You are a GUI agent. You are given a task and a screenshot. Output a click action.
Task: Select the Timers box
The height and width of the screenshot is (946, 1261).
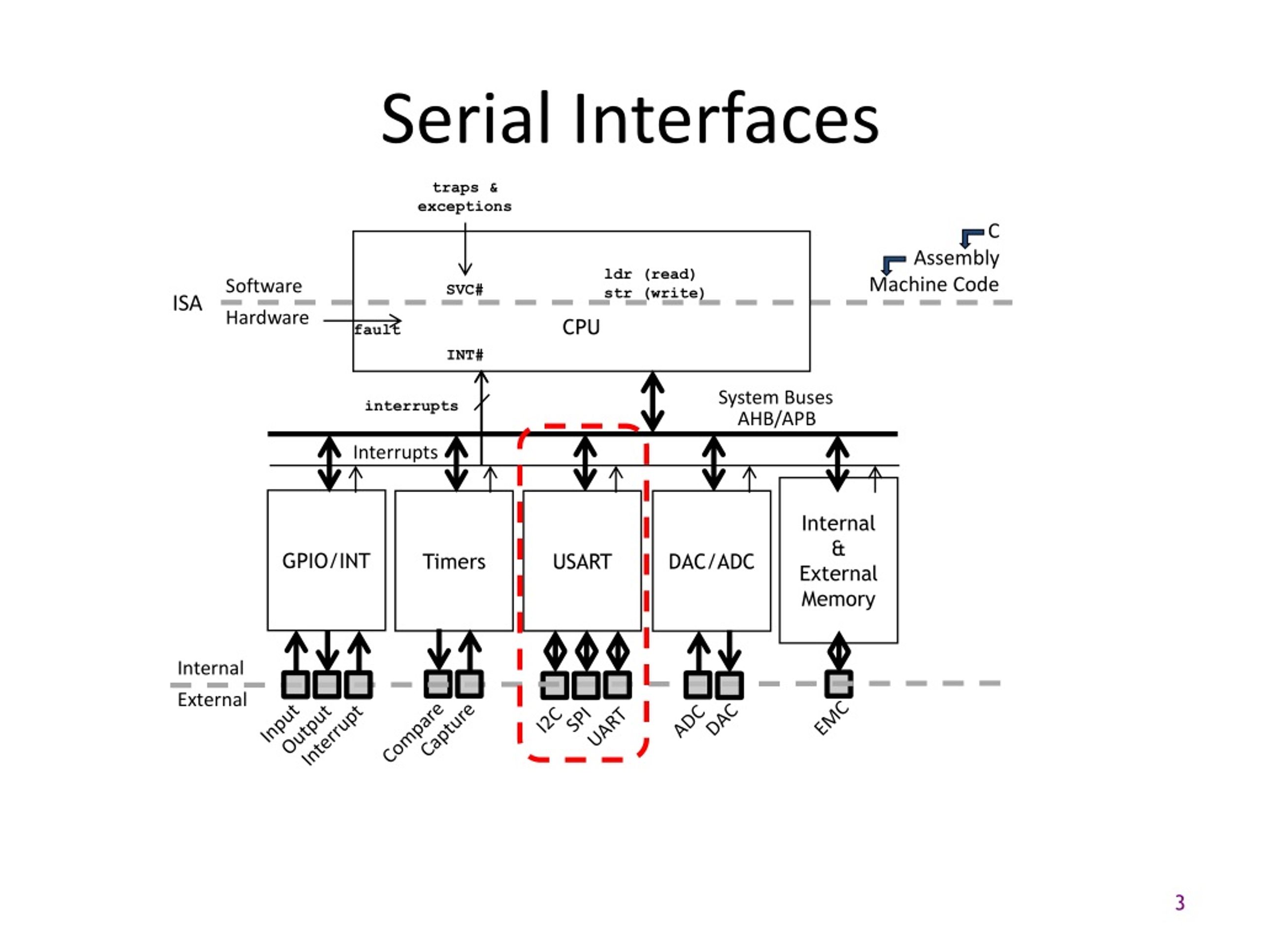[454, 561]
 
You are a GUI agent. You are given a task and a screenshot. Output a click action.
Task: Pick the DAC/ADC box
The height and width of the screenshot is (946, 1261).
[711, 561]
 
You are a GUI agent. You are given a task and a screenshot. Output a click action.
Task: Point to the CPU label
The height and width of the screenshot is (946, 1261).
[581, 327]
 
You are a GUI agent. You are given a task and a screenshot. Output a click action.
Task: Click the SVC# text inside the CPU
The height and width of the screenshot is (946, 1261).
[465, 289]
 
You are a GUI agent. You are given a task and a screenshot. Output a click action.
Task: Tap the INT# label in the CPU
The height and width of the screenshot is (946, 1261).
[465, 355]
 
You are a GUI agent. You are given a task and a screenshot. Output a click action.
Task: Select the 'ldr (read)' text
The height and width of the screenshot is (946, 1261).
[650, 274]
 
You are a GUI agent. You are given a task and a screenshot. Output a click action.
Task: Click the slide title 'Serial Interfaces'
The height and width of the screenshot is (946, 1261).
[630, 119]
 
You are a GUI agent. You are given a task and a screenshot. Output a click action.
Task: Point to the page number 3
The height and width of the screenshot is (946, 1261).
[1180, 903]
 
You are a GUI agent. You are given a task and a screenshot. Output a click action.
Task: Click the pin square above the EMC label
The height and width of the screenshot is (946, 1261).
[838, 684]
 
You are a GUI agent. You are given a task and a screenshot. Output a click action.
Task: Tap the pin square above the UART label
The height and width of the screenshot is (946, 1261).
[617, 685]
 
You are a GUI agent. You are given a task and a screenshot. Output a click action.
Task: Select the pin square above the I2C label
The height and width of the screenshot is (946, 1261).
[554, 685]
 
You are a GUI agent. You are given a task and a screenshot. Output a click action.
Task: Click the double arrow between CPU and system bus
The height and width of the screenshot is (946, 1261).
[652, 402]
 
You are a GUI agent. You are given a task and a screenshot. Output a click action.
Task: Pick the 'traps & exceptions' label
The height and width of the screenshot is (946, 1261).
[465, 197]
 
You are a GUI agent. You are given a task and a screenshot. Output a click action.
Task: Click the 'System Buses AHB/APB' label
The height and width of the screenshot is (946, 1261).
[775, 407]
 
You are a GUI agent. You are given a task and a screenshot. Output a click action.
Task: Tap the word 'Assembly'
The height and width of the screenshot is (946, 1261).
[956, 258]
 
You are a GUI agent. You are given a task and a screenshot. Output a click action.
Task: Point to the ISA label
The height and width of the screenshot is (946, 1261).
[187, 303]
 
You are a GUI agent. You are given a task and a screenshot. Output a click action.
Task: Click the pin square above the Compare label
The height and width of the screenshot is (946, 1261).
[438, 684]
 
